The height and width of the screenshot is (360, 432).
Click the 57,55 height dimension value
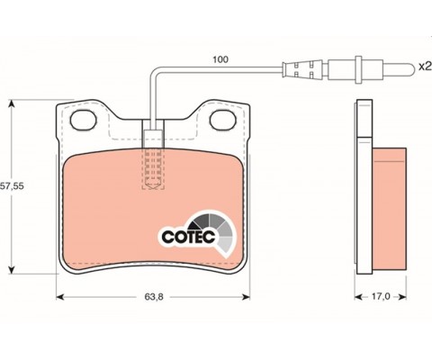tap(12, 186)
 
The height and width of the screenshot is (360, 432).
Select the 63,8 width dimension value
tap(154, 297)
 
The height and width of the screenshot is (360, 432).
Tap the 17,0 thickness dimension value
tap(381, 297)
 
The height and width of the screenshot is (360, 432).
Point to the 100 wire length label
tap(220, 59)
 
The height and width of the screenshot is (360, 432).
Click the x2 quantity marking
tap(425, 67)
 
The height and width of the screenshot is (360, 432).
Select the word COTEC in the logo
tap(189, 237)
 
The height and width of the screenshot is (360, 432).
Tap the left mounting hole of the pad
tap(83, 120)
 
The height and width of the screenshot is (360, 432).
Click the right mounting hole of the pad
tap(223, 120)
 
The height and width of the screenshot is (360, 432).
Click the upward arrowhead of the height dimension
tap(12, 104)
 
